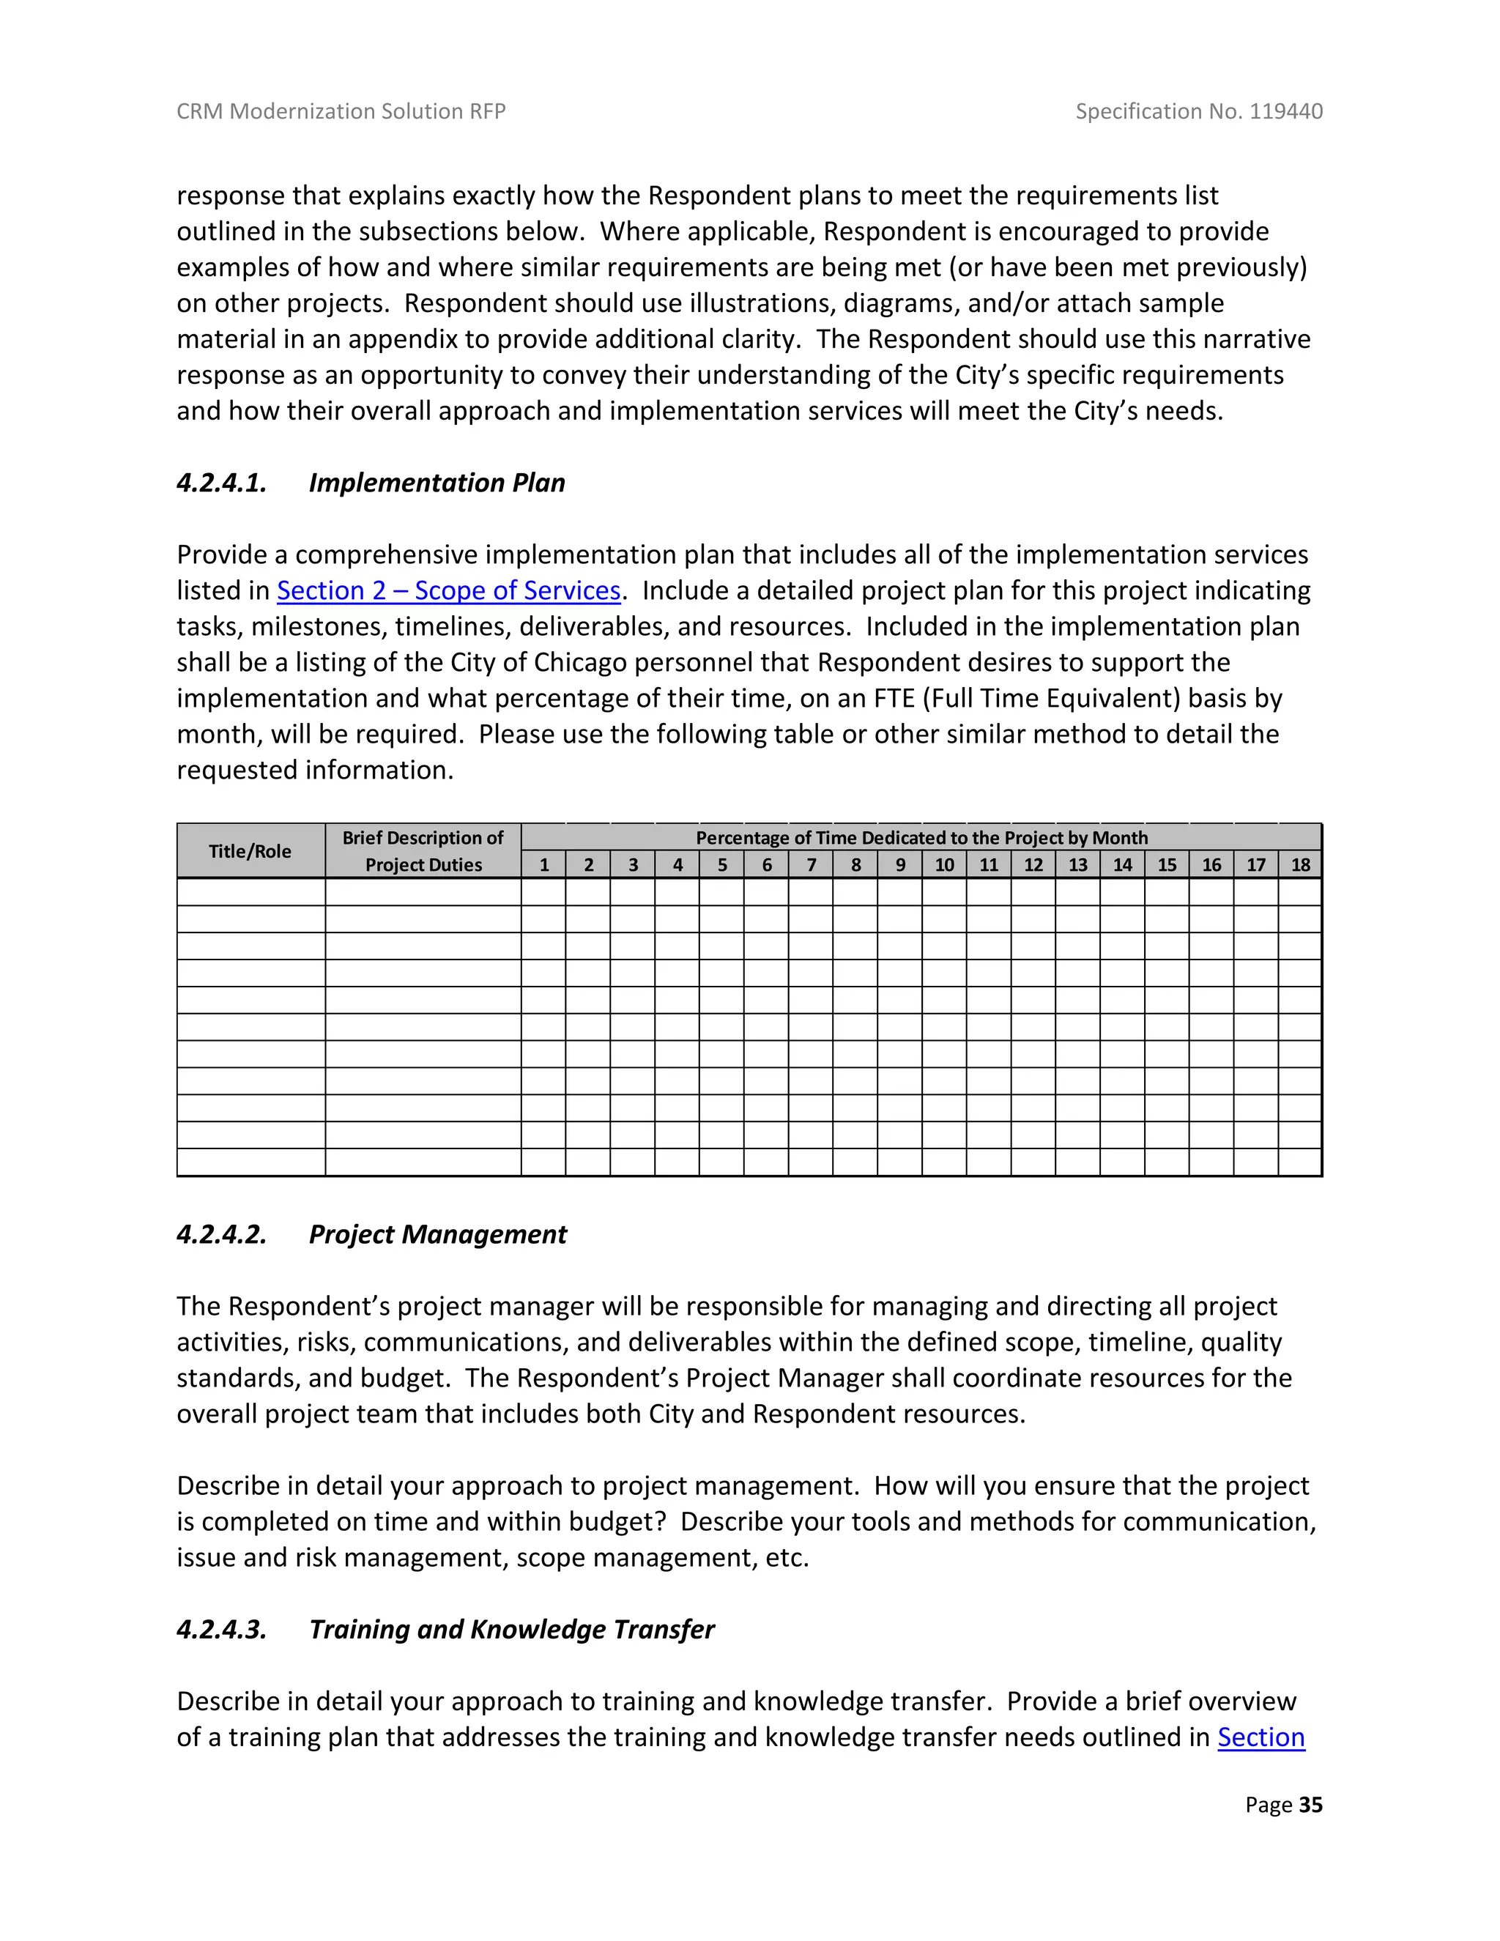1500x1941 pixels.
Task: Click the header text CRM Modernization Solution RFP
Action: tap(341, 111)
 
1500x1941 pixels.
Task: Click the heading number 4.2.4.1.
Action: tap(221, 483)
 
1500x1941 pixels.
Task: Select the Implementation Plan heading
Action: tap(437, 483)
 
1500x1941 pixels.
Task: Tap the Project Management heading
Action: tap(437, 1234)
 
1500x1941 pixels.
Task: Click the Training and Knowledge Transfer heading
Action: tap(511, 1629)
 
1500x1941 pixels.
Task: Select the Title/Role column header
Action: tap(250, 851)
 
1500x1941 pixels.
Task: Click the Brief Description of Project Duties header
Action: tap(423, 851)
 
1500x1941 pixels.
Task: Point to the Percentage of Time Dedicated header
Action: tap(921, 837)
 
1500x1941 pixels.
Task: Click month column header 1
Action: tap(544, 865)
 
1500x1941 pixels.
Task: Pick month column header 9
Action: tap(900, 865)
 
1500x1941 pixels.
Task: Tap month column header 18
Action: tap(1300, 865)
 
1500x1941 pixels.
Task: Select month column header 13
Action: tap(1078, 865)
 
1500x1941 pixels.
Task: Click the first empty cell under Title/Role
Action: tap(250, 892)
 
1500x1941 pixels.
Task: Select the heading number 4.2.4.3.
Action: tap(221, 1629)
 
